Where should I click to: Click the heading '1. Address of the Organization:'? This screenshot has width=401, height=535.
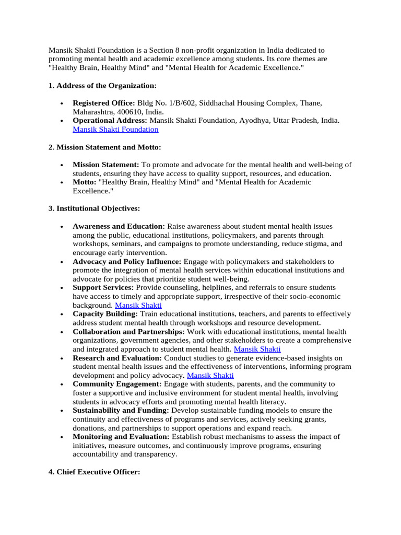point(102,85)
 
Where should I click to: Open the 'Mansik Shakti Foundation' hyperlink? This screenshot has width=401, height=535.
point(115,129)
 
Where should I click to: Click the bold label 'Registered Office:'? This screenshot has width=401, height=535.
point(104,103)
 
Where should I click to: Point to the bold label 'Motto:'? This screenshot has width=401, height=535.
point(85,182)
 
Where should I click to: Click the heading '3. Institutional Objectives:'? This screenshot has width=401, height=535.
point(94,208)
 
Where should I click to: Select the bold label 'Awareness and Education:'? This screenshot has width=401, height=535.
point(119,226)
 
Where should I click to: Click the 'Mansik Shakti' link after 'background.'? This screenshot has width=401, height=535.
point(138,305)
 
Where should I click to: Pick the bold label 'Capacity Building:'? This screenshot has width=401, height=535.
point(105,314)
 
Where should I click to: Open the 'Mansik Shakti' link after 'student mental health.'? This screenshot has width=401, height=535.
point(257,349)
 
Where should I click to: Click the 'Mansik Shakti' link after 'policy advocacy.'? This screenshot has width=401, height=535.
point(210,375)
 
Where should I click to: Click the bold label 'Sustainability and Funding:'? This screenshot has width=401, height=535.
point(121,411)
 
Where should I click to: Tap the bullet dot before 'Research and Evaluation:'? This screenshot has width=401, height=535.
point(62,358)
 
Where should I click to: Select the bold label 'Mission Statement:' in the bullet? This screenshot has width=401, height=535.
point(106,165)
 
